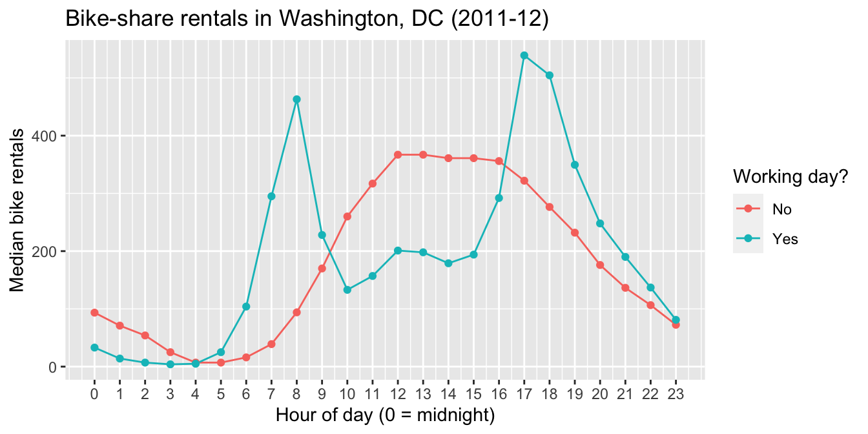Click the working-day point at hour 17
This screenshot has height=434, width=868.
(x=524, y=56)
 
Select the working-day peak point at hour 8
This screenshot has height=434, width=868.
(x=296, y=99)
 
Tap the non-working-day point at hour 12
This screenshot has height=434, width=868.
(x=398, y=155)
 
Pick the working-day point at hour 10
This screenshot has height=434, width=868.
(x=347, y=290)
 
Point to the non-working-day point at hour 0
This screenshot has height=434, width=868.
(x=94, y=313)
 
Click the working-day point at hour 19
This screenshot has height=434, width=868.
(x=575, y=165)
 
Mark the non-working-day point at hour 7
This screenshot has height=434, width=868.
(x=271, y=344)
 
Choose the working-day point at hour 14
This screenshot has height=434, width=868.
(x=448, y=263)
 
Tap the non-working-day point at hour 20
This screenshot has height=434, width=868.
(x=600, y=265)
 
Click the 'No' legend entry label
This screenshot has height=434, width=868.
(x=781, y=209)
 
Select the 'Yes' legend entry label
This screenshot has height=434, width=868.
(x=785, y=239)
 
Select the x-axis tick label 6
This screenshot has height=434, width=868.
(x=246, y=393)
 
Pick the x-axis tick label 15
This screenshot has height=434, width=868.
(x=473, y=393)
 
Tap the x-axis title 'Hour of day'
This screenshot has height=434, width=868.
(x=386, y=415)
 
